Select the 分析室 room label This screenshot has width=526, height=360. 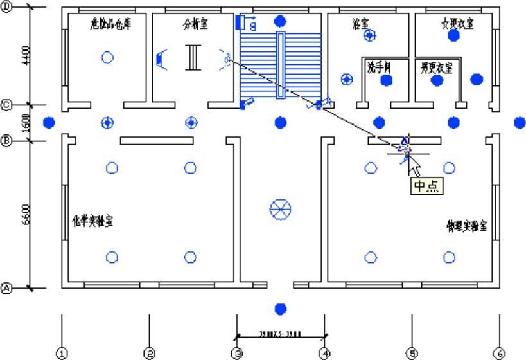tap(195, 24)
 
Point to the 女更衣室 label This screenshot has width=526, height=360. tap(457, 24)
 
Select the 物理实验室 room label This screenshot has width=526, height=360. tap(467, 226)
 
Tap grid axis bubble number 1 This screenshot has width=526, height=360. tap(62, 353)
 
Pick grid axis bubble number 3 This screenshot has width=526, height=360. tap(237, 353)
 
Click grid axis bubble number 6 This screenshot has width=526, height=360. tap(499, 353)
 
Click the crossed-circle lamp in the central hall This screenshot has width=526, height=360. tap(280, 208)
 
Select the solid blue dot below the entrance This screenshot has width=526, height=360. tap(279, 309)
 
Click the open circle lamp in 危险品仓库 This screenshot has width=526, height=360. tap(108, 57)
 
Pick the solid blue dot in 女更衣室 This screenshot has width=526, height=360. tap(454, 35)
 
